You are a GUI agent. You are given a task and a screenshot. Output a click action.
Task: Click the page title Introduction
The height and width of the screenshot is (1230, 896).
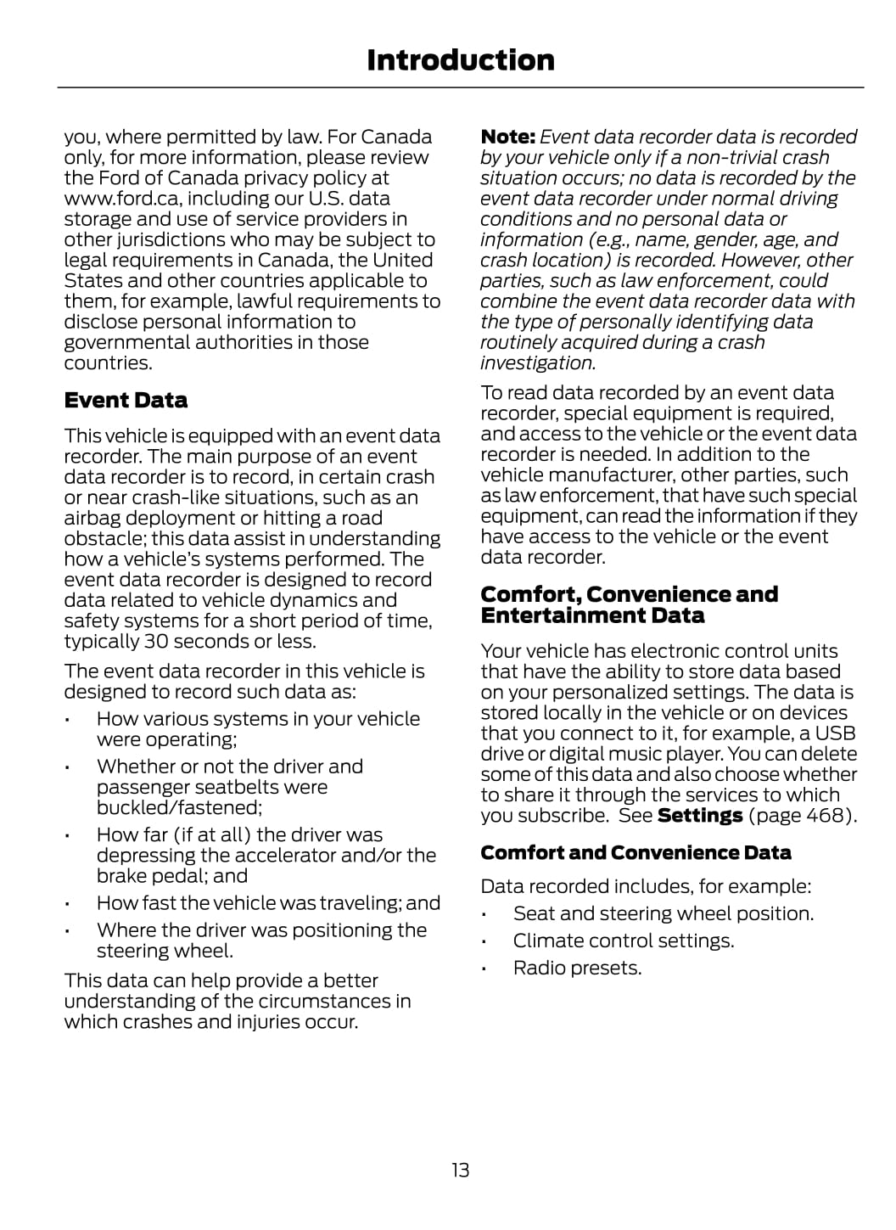point(460,60)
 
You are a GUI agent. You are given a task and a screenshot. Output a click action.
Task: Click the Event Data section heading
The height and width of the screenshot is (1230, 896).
point(126,400)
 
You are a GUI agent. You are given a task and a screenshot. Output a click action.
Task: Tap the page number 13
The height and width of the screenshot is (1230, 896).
point(460,1170)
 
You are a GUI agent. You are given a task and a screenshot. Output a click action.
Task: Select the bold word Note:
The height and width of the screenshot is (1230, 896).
point(507,137)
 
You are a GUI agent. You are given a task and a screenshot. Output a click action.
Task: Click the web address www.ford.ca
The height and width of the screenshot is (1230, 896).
point(122,199)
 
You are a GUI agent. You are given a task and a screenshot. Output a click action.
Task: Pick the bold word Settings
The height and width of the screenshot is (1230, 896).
point(700,816)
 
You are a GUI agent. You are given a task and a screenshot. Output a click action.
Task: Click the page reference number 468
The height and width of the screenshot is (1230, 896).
point(828,816)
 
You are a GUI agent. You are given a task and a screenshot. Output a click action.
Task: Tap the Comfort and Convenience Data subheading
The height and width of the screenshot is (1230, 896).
point(636,852)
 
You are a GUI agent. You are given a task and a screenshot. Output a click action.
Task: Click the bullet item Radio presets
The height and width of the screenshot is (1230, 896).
point(577,968)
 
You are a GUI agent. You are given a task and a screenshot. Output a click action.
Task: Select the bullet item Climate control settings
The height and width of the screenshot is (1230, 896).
point(623,941)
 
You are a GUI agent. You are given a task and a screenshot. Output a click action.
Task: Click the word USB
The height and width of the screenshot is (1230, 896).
point(835,733)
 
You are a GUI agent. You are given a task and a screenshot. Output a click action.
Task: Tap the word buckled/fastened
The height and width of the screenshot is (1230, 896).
point(178,807)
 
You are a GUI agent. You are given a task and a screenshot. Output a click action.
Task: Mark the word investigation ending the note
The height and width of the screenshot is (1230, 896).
point(537,363)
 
